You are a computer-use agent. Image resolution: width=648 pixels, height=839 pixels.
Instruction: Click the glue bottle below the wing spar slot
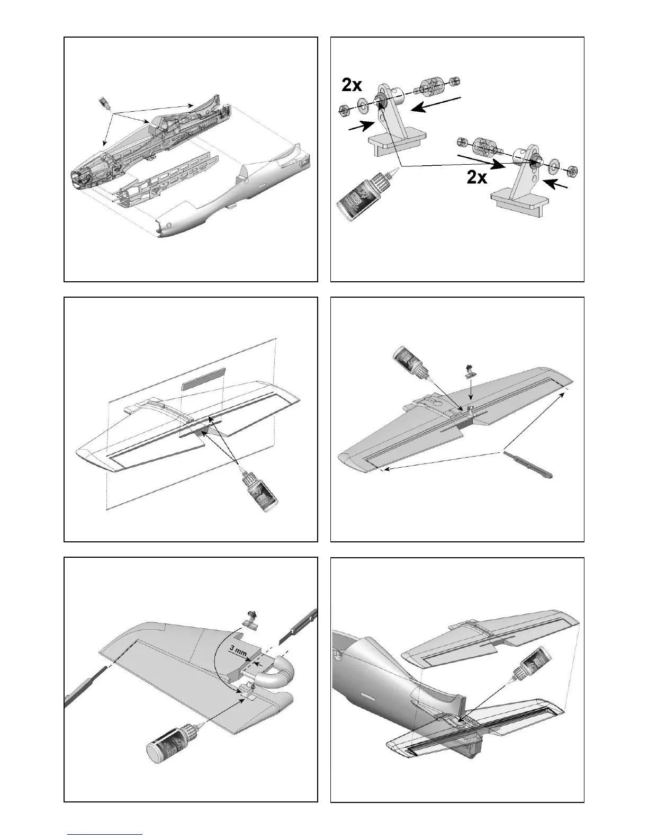tap(256, 488)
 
